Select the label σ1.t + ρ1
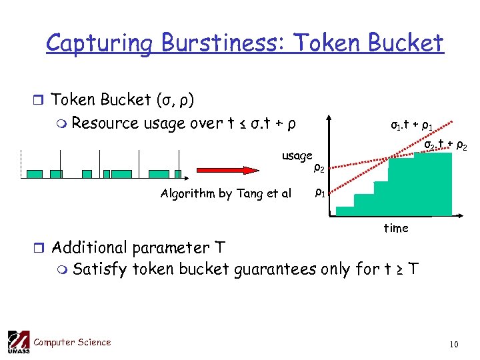[x=414, y=125]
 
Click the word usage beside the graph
[x=297, y=156]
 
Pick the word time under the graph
[x=395, y=228]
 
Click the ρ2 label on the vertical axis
[x=319, y=168]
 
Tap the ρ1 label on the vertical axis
[x=319, y=194]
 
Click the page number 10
[x=453, y=344]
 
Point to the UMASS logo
[x=18, y=343]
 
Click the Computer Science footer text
[x=72, y=343]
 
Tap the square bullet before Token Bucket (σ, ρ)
[x=40, y=101]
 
